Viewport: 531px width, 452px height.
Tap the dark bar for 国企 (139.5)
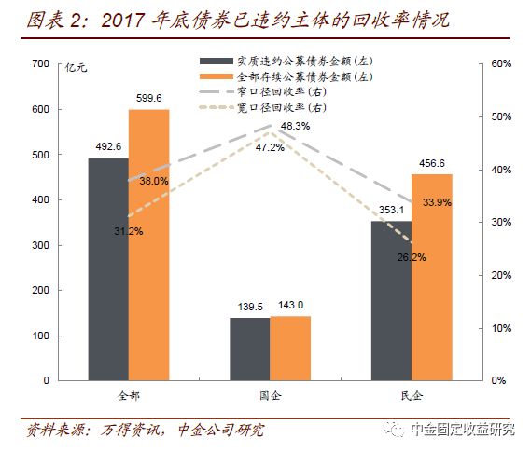(249, 349)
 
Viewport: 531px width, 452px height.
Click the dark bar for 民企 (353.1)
(390, 300)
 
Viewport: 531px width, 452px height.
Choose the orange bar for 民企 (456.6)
(431, 277)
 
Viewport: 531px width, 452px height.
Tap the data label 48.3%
(296, 126)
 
